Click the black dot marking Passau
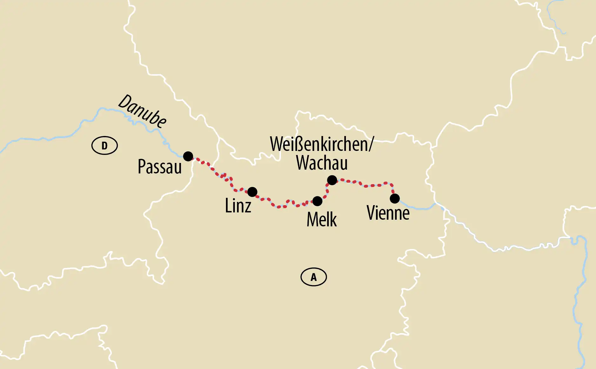coord(188,156)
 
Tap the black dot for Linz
coord(252,192)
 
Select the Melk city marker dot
coord(317,201)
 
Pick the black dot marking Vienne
coord(395,199)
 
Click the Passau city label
coord(160,167)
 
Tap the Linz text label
coord(238,206)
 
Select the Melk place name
coord(321,219)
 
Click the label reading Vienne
coord(388,213)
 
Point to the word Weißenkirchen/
coord(321,144)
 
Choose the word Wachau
coord(322,163)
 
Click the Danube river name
coord(142,111)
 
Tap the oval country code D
coord(104,146)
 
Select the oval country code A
coord(314,277)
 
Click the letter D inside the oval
coord(104,146)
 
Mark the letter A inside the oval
coord(314,277)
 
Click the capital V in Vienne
coord(372,213)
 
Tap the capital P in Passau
coord(142,166)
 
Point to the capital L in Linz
coord(228,205)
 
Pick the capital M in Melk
coord(313,219)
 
